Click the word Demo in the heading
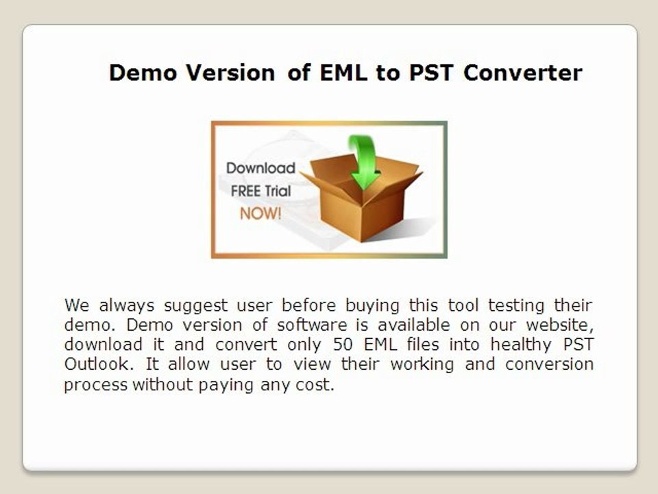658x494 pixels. tap(143, 73)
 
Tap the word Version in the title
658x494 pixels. tap(230, 73)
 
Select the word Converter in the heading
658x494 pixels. tap(523, 73)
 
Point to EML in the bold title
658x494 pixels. tap(343, 73)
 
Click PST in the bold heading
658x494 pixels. tap(431, 73)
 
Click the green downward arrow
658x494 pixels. tap(363, 162)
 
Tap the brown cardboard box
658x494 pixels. tap(362, 198)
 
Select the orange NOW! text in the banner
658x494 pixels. tap(260, 213)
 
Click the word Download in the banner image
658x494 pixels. tap(260, 168)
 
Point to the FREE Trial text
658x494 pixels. tap(260, 191)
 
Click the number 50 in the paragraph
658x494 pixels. tap(343, 344)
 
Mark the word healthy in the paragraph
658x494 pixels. tap(521, 345)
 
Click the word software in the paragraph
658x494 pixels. tap(312, 325)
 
